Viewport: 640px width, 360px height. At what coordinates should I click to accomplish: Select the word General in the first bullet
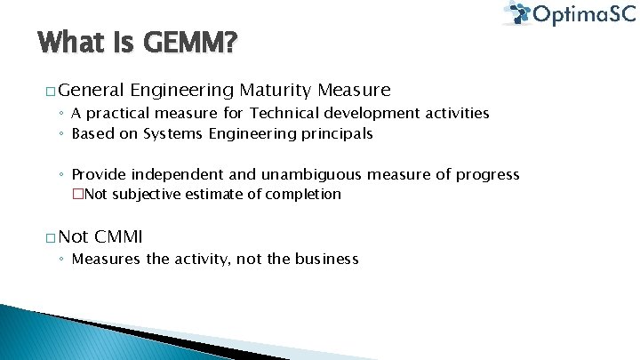click(x=93, y=90)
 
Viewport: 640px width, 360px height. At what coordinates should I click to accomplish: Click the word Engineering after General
click(x=181, y=90)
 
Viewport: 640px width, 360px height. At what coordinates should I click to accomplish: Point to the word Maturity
click(x=275, y=90)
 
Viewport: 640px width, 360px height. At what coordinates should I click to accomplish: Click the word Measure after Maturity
click(x=354, y=90)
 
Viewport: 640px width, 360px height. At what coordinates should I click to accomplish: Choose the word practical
click(x=119, y=113)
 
